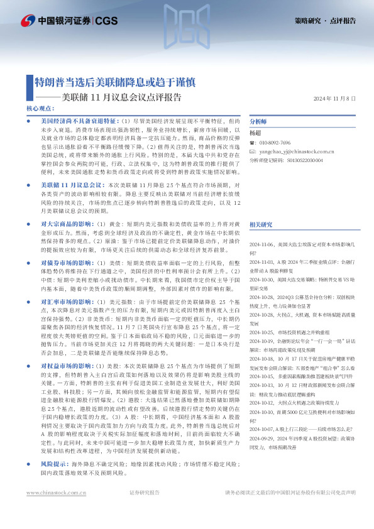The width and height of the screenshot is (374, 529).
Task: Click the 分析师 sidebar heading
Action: click(x=258, y=122)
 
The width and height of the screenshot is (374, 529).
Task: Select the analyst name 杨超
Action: click(x=255, y=133)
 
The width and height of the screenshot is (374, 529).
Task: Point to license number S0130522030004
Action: click(x=312, y=160)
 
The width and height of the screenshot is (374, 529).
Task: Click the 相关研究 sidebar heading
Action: click(x=261, y=206)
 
